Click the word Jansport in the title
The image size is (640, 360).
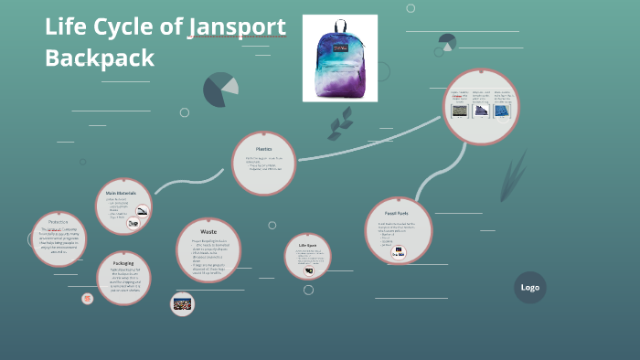[x=237, y=26]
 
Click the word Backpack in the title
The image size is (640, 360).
[x=100, y=57]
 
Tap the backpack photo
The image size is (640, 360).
[x=340, y=58]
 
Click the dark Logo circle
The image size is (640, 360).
[x=530, y=287]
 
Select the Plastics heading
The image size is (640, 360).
[x=263, y=148]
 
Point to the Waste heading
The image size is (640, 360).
[x=208, y=232]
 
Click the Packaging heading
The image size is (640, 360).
[x=123, y=263]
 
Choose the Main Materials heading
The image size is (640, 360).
[x=123, y=193]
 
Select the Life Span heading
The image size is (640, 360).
[x=307, y=245]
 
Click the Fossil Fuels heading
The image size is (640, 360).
[x=397, y=212]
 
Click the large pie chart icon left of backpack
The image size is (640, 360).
[x=220, y=89]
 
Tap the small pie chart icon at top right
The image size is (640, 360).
[x=447, y=41]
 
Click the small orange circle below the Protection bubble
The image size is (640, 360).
[x=88, y=298]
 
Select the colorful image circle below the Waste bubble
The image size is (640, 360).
[x=183, y=303]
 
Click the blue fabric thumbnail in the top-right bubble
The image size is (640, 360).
[x=502, y=111]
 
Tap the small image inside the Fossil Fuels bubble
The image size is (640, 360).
[x=398, y=253]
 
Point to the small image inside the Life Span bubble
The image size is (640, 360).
[x=309, y=270]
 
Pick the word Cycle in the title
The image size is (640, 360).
[x=147, y=26]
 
